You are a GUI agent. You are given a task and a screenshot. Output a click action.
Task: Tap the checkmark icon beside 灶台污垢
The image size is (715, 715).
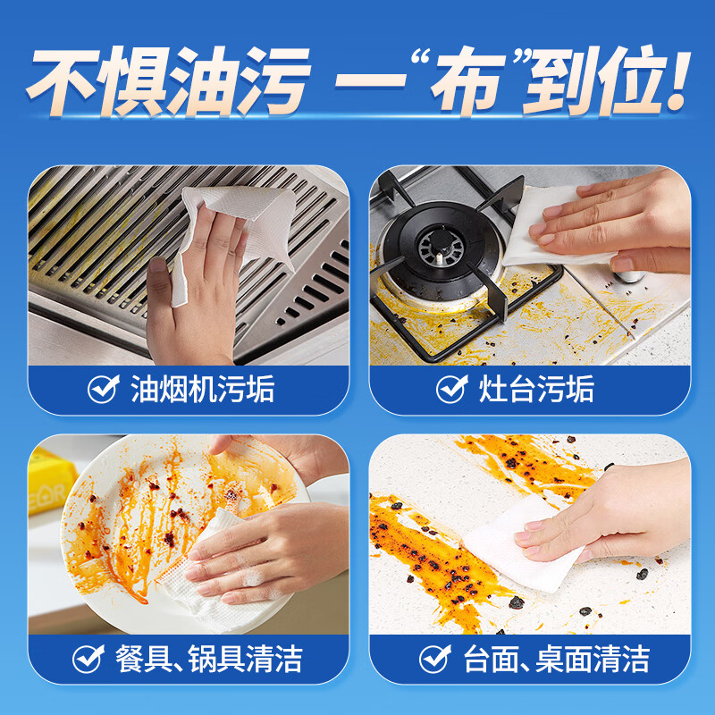pos(450,389)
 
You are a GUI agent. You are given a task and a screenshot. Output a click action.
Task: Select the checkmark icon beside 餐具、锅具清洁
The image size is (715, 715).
pos(87,659)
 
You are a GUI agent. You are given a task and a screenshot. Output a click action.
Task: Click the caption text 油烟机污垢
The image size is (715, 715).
pos(202,390)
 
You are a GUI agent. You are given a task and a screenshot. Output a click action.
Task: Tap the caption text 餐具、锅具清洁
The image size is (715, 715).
pos(209,660)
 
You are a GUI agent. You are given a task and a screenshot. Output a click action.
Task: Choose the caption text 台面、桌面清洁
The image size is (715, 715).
pos(556,660)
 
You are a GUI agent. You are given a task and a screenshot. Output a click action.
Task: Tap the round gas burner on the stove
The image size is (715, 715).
pos(437,249)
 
